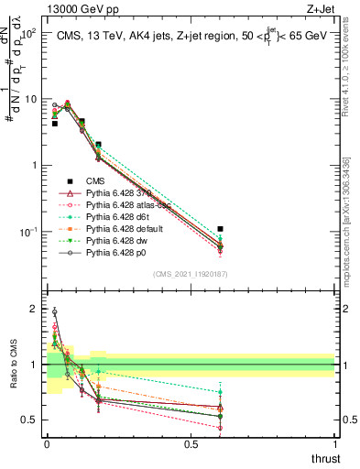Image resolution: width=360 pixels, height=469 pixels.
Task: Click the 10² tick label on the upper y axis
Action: click(x=29, y=33)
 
